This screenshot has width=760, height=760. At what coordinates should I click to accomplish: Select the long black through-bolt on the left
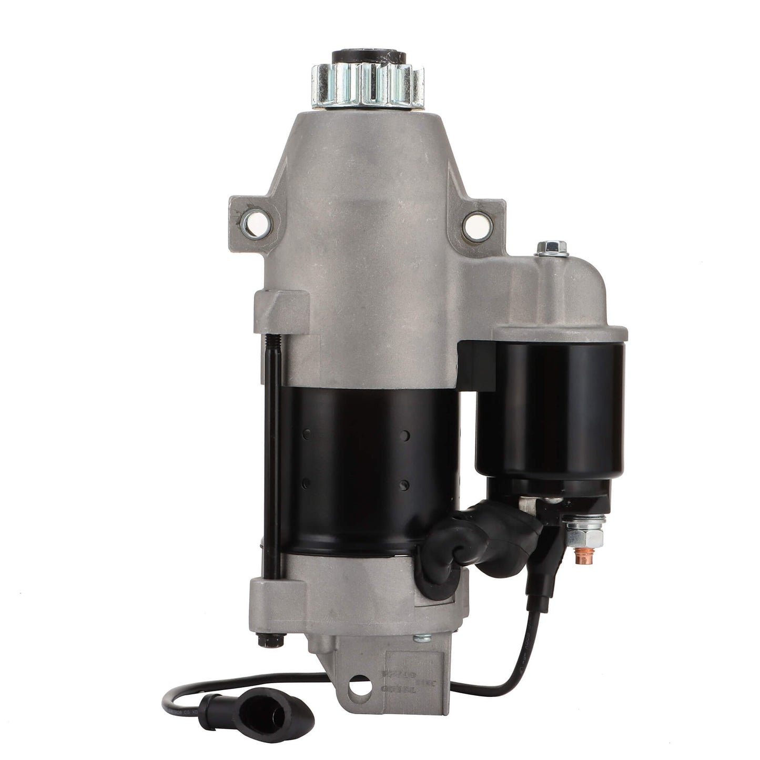pyautogui.click(x=275, y=452)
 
